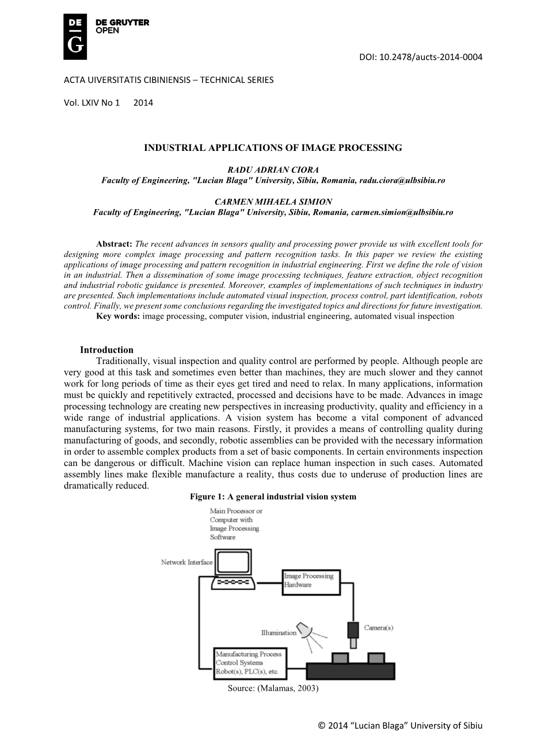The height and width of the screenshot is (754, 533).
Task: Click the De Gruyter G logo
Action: (75, 37)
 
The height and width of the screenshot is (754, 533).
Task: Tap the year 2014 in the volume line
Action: (143, 103)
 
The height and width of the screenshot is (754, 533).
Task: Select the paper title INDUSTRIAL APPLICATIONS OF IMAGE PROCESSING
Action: (273, 148)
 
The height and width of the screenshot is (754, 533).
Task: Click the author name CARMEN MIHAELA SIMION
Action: (273, 202)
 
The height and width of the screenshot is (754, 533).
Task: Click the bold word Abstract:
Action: (115, 244)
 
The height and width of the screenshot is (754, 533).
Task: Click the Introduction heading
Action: (106, 350)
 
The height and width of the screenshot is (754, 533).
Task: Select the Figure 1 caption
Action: (273, 497)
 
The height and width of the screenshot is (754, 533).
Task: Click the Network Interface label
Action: (186, 562)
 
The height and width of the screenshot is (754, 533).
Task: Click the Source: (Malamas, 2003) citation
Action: (273, 688)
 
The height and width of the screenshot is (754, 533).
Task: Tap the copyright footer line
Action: (400, 725)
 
